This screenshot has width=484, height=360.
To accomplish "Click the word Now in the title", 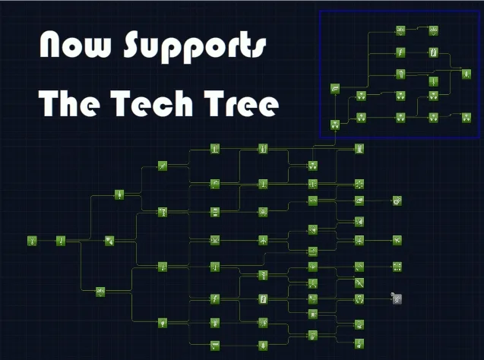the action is pyautogui.click(x=75, y=44).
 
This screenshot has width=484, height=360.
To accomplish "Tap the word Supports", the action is pyautogui.click(x=195, y=46).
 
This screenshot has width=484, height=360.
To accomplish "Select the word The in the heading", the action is pyautogui.click(x=69, y=103).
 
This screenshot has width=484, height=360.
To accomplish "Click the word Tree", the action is pyautogui.click(x=242, y=103).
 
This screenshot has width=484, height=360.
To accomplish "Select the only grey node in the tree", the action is pyautogui.click(x=397, y=298).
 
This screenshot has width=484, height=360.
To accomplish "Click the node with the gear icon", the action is pyautogui.click(x=397, y=201).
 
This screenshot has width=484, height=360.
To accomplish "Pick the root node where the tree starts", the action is pyautogui.click(x=32, y=241).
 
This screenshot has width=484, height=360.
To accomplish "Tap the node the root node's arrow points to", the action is pyautogui.click(x=61, y=241).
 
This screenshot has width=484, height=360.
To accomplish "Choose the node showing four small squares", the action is pyautogui.click(x=397, y=267).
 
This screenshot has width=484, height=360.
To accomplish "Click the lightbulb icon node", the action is pyautogui.click(x=163, y=323).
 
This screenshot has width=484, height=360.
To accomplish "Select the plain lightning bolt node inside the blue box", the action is pyautogui.click(x=400, y=52).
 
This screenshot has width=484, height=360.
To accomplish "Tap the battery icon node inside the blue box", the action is pyautogui.click(x=433, y=52).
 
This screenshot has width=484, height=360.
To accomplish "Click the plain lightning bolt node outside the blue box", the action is pyautogui.click(x=215, y=298).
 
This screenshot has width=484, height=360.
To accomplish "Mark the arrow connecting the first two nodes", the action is pyautogui.click(x=46, y=241).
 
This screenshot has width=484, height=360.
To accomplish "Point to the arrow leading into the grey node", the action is pyautogui.click(x=378, y=298).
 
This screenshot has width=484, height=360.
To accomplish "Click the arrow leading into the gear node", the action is pyautogui.click(x=378, y=201).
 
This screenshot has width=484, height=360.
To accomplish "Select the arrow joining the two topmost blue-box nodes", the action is pyautogui.click(x=417, y=28).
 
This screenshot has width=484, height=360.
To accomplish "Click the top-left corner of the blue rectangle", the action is pyautogui.click(x=320, y=11).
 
